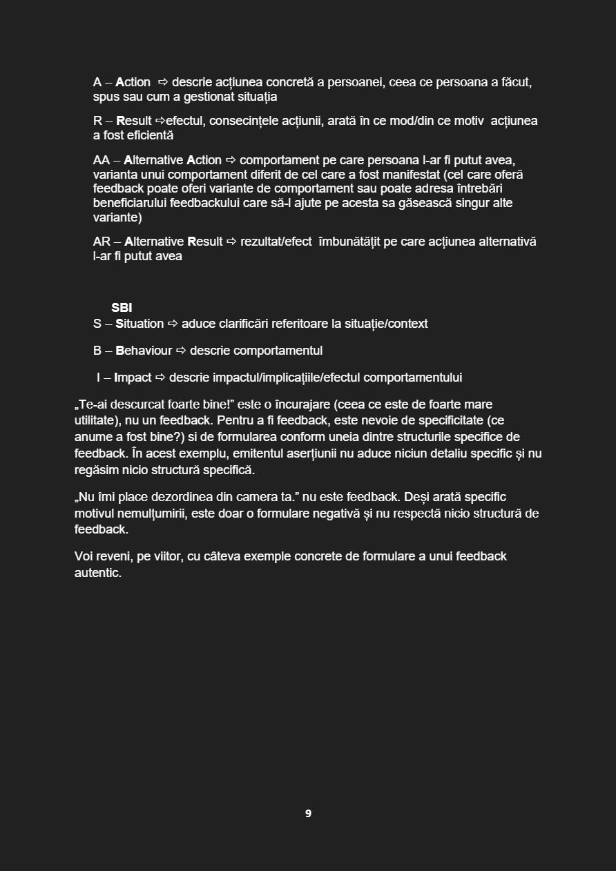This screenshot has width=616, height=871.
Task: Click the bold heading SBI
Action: pyautogui.click(x=122, y=308)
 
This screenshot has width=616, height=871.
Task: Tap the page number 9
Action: pyautogui.click(x=308, y=814)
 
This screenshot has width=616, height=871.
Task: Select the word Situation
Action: pyautogui.click(x=139, y=324)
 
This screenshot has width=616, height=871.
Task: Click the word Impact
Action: pyautogui.click(x=133, y=378)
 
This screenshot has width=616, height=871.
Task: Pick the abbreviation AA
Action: pyautogui.click(x=102, y=160)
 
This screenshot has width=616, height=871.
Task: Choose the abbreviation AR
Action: pyautogui.click(x=102, y=242)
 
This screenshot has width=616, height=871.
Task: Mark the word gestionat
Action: pyautogui.click(x=204, y=97)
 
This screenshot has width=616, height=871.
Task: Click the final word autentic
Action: pyautogui.click(x=97, y=573)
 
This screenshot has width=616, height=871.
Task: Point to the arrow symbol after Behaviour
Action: pyautogui.click(x=181, y=351)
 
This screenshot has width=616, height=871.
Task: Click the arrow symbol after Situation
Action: pyautogui.click(x=173, y=324)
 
